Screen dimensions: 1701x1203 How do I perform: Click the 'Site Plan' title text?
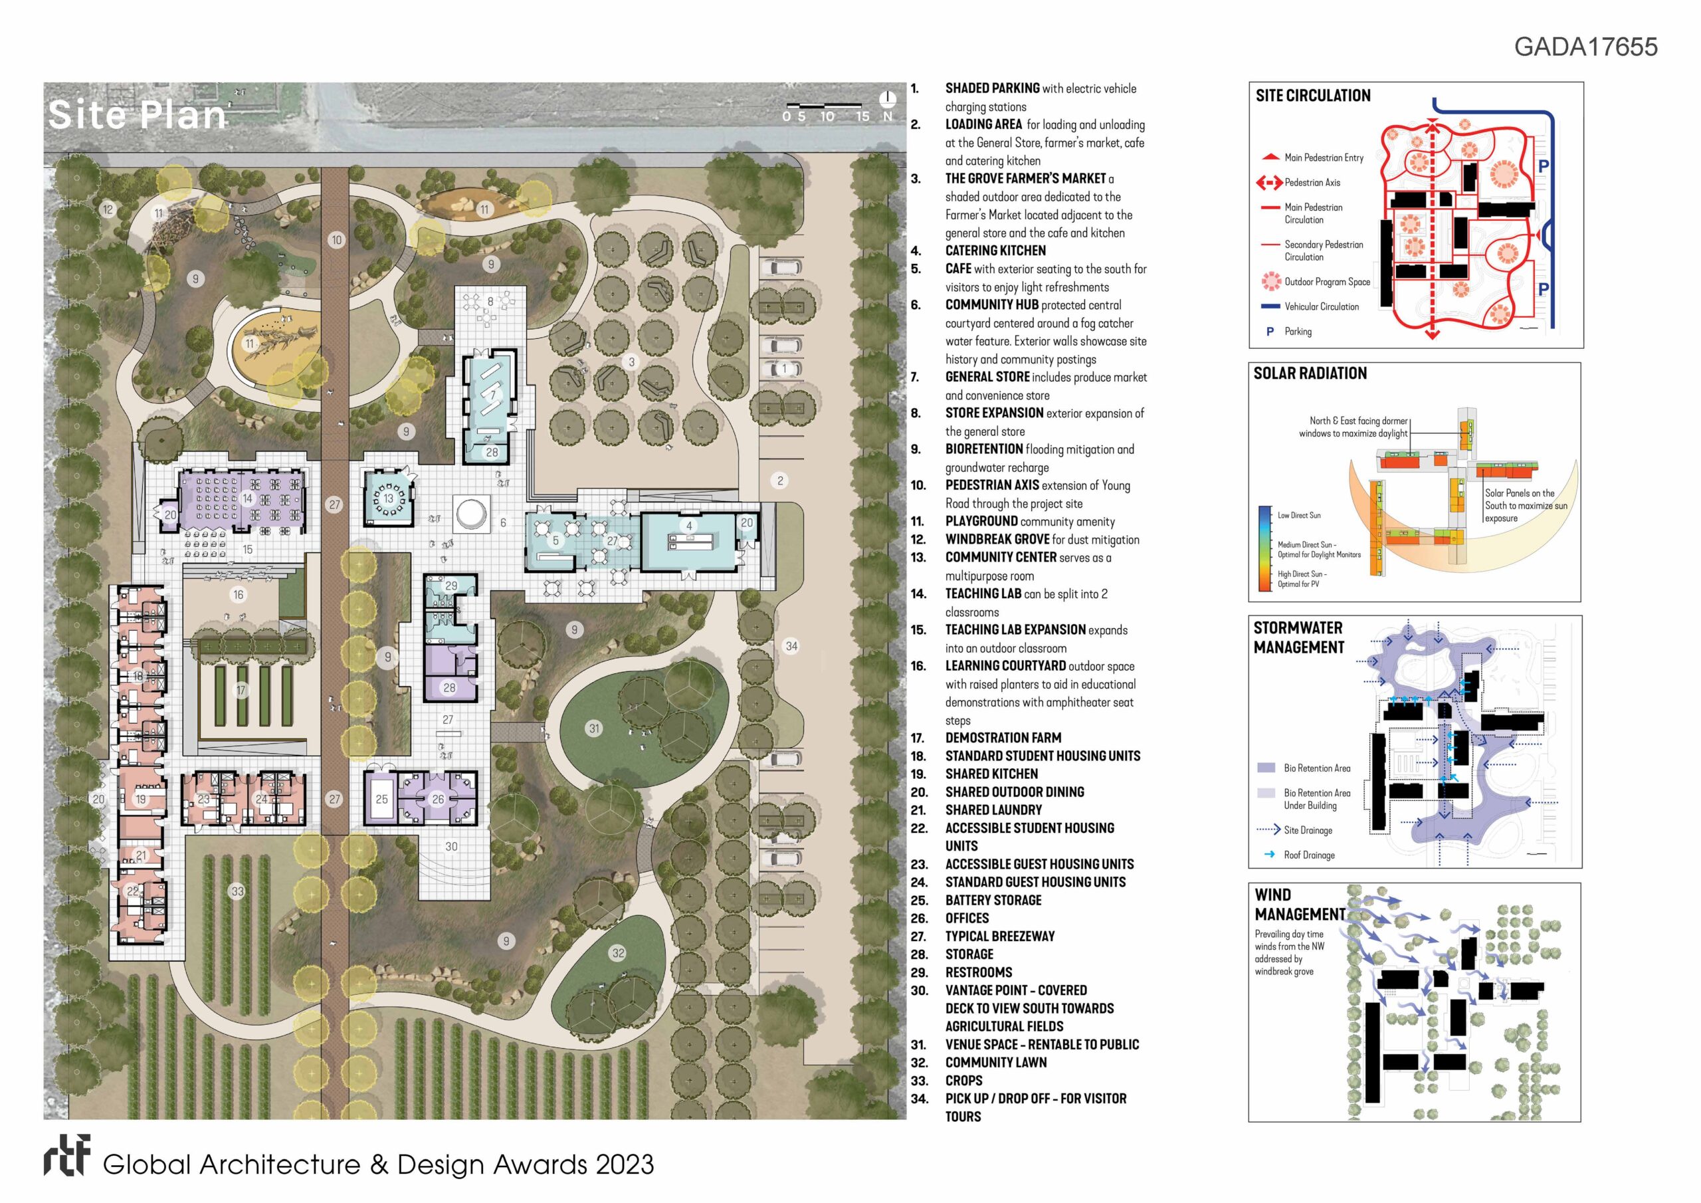137,115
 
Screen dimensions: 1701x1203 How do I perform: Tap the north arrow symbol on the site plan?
888,100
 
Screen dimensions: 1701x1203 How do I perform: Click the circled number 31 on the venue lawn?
593,728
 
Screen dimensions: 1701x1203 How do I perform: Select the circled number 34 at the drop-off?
791,646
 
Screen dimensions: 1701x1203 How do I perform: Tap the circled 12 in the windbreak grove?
108,210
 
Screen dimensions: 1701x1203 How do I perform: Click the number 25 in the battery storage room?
381,799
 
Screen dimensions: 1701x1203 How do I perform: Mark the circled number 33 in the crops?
237,892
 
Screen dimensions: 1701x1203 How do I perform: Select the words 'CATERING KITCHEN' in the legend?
995,251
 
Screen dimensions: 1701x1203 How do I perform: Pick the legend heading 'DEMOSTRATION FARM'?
1003,738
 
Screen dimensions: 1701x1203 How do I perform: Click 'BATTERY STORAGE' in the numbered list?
993,900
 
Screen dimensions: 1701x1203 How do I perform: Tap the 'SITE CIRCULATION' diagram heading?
1313,96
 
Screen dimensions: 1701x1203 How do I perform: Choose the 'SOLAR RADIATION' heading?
1310,374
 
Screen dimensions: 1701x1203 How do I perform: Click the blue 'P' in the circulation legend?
1270,332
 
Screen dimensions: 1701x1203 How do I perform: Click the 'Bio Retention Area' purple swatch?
1266,768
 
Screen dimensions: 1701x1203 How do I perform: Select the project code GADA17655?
1585,47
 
